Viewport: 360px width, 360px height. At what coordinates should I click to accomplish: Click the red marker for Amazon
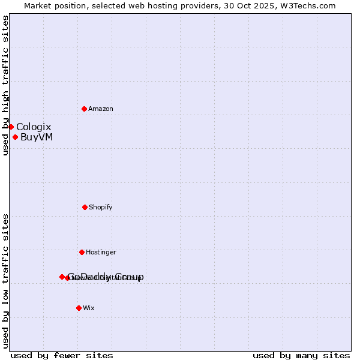(x=84, y=109)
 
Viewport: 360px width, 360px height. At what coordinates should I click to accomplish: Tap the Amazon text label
(x=101, y=109)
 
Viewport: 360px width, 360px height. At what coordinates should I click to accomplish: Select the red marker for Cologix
(x=11, y=127)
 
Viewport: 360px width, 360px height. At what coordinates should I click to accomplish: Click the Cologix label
(x=34, y=127)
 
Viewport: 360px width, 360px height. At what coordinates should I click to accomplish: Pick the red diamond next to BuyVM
(x=15, y=137)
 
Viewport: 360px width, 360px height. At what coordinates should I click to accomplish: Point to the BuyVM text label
(x=37, y=137)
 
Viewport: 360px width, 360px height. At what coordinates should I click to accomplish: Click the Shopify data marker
(x=85, y=207)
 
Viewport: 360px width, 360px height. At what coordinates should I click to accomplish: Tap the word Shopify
(x=101, y=208)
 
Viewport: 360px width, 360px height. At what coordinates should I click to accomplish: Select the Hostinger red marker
(x=82, y=252)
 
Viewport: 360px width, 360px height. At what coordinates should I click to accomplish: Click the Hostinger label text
(x=101, y=253)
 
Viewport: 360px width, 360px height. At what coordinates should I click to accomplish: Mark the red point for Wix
(x=79, y=308)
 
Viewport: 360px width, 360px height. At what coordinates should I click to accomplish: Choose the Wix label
(x=89, y=308)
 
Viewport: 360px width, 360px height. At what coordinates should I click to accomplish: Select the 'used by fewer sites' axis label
(x=62, y=356)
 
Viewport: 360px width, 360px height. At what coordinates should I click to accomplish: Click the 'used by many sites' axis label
(x=301, y=356)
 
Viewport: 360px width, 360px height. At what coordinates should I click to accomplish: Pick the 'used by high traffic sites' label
(x=5, y=85)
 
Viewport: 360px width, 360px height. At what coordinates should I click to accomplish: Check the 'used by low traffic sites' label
(x=5, y=281)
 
